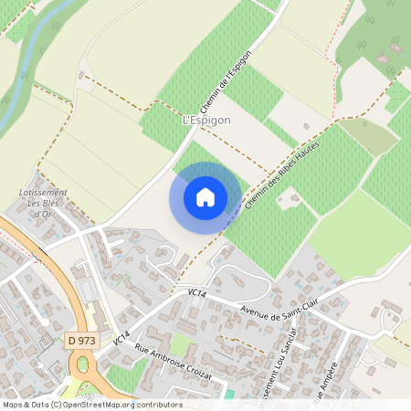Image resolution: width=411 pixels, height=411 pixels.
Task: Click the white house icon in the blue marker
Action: (205, 197)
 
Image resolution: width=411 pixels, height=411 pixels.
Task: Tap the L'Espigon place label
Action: (206, 120)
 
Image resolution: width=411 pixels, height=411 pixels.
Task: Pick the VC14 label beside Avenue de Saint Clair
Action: (194, 293)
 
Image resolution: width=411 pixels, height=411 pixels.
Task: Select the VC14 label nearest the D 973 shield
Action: (120, 336)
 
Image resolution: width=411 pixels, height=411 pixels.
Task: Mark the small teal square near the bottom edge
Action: (230, 394)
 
